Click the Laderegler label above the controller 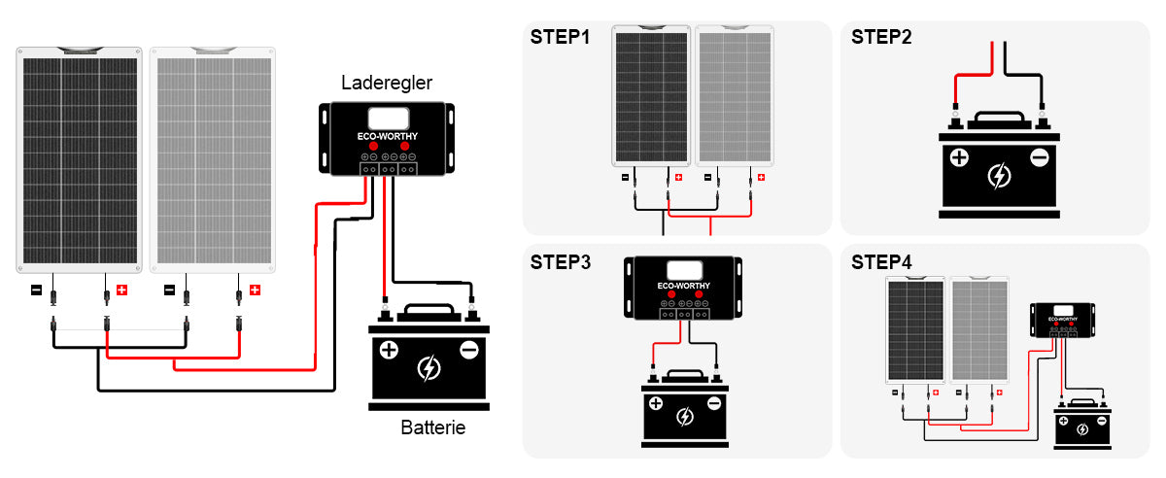pyautogui.click(x=387, y=84)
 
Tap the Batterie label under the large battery pyautogui.click(x=432, y=427)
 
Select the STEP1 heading pyautogui.click(x=560, y=38)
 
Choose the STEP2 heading pyautogui.click(x=881, y=38)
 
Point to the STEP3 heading pyautogui.click(x=560, y=261)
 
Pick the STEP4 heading pyautogui.click(x=881, y=261)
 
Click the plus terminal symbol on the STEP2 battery pyautogui.click(x=959, y=157)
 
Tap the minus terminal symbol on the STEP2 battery pyautogui.click(x=1039, y=157)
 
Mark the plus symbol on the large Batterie pyautogui.click(x=389, y=350)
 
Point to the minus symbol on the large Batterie pyautogui.click(x=468, y=350)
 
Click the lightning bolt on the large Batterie pyautogui.click(x=428, y=369)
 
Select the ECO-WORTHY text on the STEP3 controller pyautogui.click(x=684, y=287)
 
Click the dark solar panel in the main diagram pyautogui.click(x=80, y=160)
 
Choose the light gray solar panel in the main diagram pyautogui.click(x=214, y=160)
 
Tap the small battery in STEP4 pyautogui.click(x=1082, y=425)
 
